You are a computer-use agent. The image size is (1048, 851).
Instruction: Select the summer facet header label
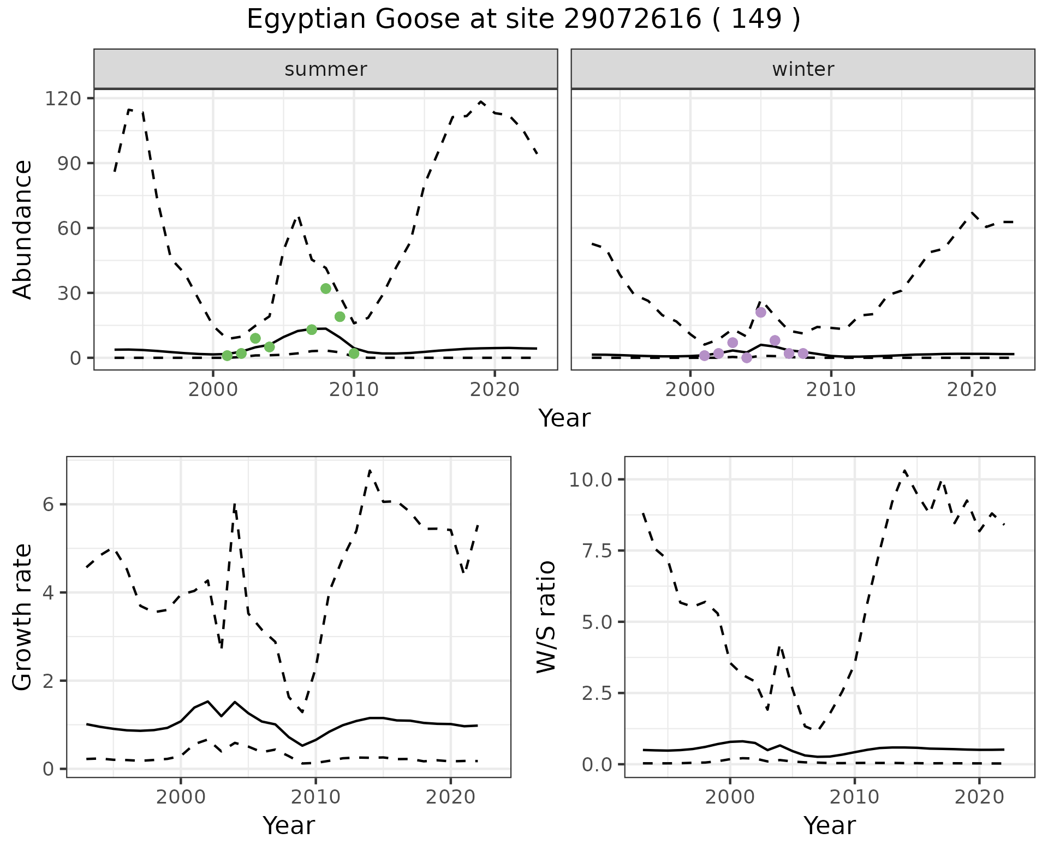click(x=326, y=69)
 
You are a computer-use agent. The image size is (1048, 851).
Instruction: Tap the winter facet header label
click(x=803, y=69)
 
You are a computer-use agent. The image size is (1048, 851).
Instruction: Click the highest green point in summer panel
click(x=326, y=289)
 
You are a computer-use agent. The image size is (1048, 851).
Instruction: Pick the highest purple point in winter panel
click(x=761, y=312)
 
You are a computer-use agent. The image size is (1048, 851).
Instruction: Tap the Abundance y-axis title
click(x=23, y=229)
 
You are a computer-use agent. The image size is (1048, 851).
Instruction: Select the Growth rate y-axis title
click(x=23, y=617)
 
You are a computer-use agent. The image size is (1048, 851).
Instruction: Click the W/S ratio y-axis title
click(x=546, y=617)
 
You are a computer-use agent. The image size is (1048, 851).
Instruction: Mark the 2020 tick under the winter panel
click(x=972, y=390)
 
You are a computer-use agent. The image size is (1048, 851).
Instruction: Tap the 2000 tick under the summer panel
click(x=213, y=390)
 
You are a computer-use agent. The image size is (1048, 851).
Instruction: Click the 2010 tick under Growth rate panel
click(x=315, y=797)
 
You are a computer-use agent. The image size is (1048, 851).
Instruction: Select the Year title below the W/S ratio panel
click(x=829, y=825)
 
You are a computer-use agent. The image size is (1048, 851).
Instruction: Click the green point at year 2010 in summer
click(x=354, y=353)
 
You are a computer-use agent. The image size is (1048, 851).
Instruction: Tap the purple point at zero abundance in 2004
click(x=747, y=358)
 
